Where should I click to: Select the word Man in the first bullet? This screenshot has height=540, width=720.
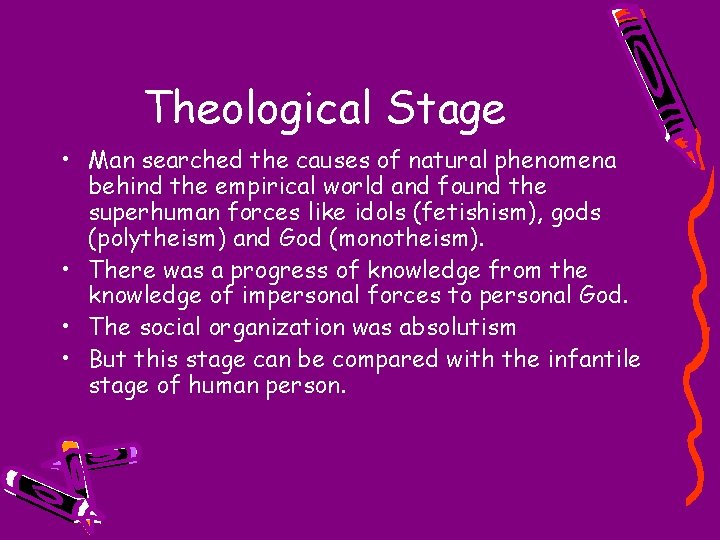tap(109, 160)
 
